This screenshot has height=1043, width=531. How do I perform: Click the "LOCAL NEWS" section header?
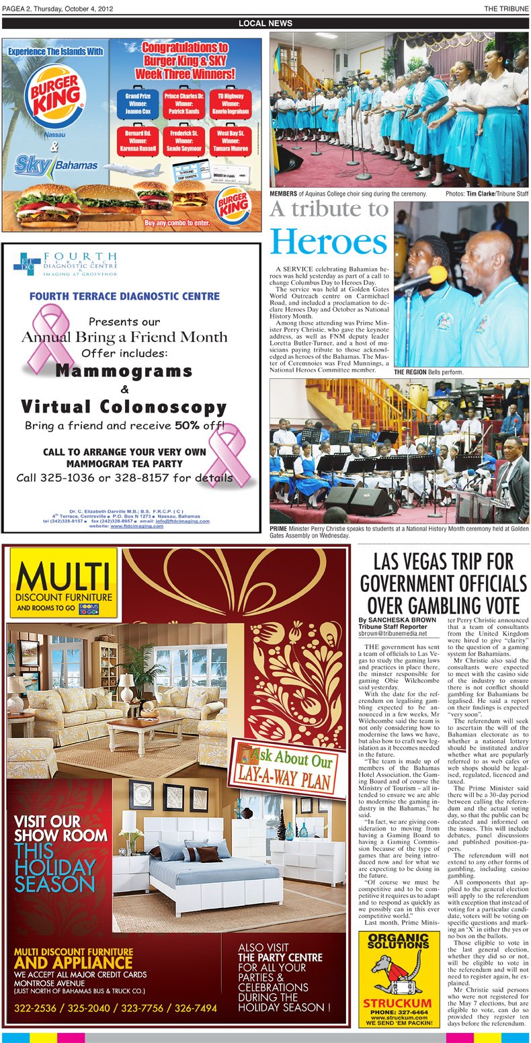265,24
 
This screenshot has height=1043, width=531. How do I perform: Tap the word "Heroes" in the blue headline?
329,242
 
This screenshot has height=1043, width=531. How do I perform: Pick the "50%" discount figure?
186,425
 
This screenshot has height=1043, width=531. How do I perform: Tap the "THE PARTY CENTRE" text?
280,957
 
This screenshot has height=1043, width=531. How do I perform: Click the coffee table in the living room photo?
145,731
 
